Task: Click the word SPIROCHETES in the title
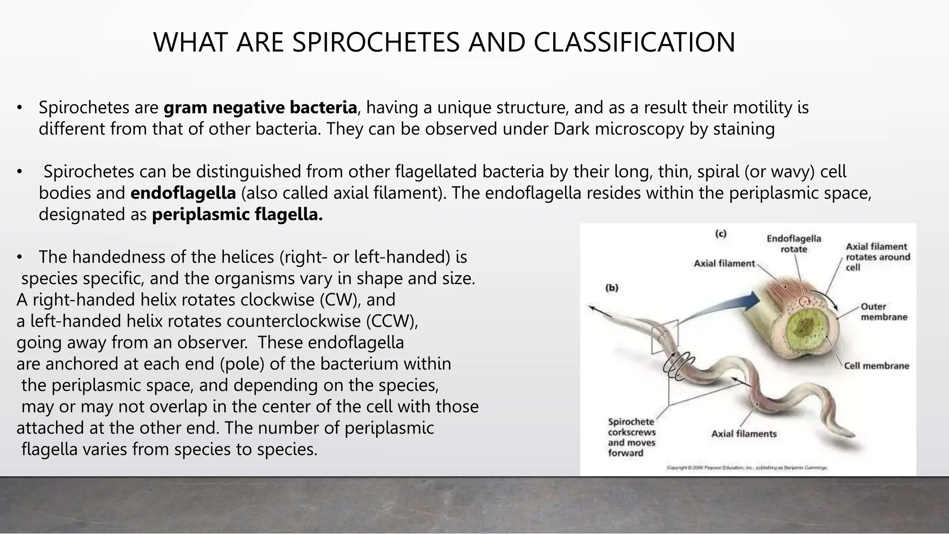[x=377, y=42]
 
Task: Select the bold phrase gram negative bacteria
[x=260, y=108]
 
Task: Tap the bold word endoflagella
[x=183, y=193]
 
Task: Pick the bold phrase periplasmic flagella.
[x=237, y=215]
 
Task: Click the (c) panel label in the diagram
[x=720, y=234]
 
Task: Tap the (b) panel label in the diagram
[x=612, y=288]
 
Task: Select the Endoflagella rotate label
[x=794, y=244]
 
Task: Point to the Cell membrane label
[x=876, y=366]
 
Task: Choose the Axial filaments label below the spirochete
[x=744, y=434]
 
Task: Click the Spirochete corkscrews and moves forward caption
[x=632, y=437]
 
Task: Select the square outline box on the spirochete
[x=664, y=337]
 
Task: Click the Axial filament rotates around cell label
[x=877, y=257]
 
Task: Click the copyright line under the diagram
[x=747, y=468]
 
